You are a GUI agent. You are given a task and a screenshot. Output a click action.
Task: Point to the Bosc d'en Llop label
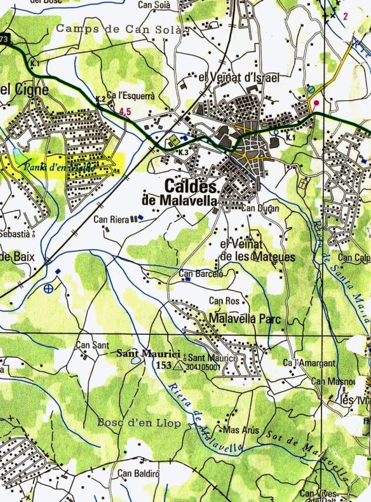click(x=131, y=423)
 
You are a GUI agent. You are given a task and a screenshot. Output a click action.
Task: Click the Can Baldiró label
click(x=137, y=473)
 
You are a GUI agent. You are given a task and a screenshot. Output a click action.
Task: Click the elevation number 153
click(x=165, y=366)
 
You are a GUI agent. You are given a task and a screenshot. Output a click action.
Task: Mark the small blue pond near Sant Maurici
click(x=137, y=360)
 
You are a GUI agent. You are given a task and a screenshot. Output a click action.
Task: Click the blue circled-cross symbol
click(x=50, y=289)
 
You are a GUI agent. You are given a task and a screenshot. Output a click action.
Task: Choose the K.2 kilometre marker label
click(x=100, y=98)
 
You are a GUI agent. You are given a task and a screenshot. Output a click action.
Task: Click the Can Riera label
click(x=111, y=219)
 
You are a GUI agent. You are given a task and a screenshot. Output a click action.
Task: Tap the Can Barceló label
click(x=202, y=275)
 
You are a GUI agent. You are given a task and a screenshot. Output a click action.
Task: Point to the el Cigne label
click(x=17, y=90)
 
